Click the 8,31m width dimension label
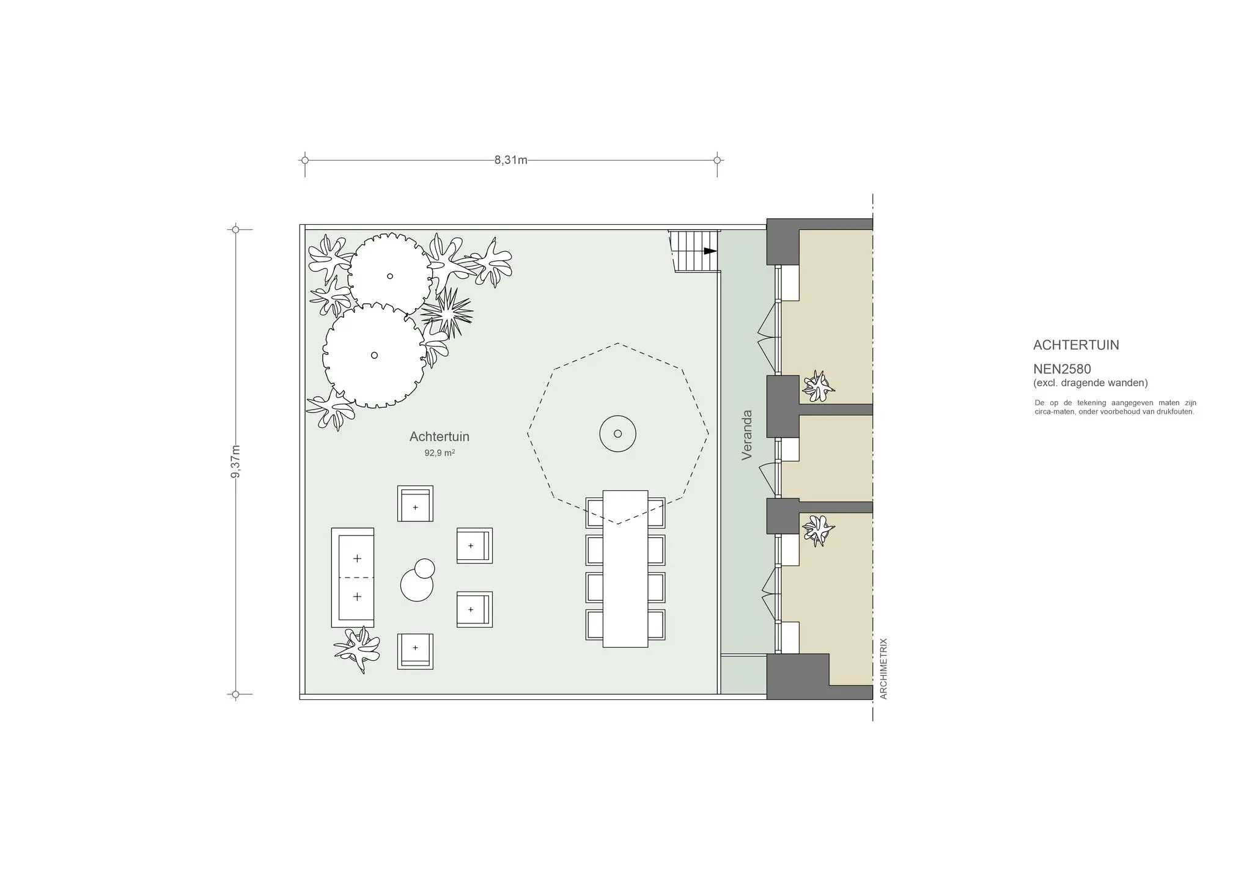(510, 161)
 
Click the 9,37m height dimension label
(236, 462)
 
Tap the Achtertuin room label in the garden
(439, 437)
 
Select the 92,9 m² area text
(439, 454)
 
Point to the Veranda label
(746, 435)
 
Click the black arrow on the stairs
(709, 251)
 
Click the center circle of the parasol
(617, 434)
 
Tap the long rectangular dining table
(625, 568)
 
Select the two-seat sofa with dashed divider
(353, 578)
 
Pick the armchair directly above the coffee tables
(415, 504)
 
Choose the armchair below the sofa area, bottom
(415, 651)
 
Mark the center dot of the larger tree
(374, 355)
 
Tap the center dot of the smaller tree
(389, 276)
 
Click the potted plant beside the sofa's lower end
(357, 650)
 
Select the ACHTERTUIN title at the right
(1075, 345)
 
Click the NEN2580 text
(1062, 369)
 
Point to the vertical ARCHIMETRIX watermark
(883, 669)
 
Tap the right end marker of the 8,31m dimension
(717, 161)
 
